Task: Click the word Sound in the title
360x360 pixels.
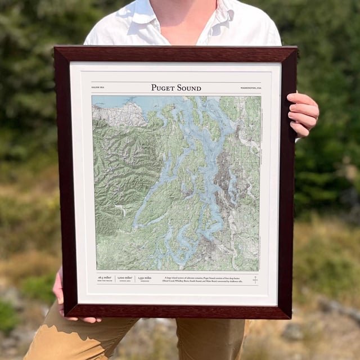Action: pos(188,88)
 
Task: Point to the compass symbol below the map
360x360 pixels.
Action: pos(255,280)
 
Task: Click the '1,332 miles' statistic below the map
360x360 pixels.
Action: pos(145,278)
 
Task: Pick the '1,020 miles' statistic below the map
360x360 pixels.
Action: pos(125,278)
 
